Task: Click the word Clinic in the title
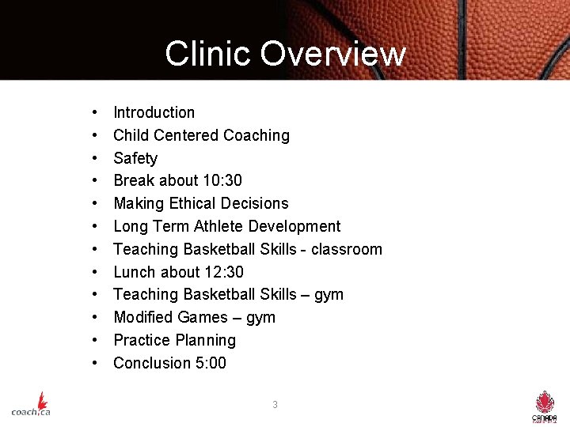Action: click(208, 54)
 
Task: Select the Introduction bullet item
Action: click(154, 112)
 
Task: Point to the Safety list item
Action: click(135, 158)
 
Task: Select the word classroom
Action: click(346, 249)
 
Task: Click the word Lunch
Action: click(135, 272)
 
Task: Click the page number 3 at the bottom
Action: click(275, 405)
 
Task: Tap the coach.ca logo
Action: click(32, 404)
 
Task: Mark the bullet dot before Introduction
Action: click(94, 112)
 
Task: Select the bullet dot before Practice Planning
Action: click(94, 340)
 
